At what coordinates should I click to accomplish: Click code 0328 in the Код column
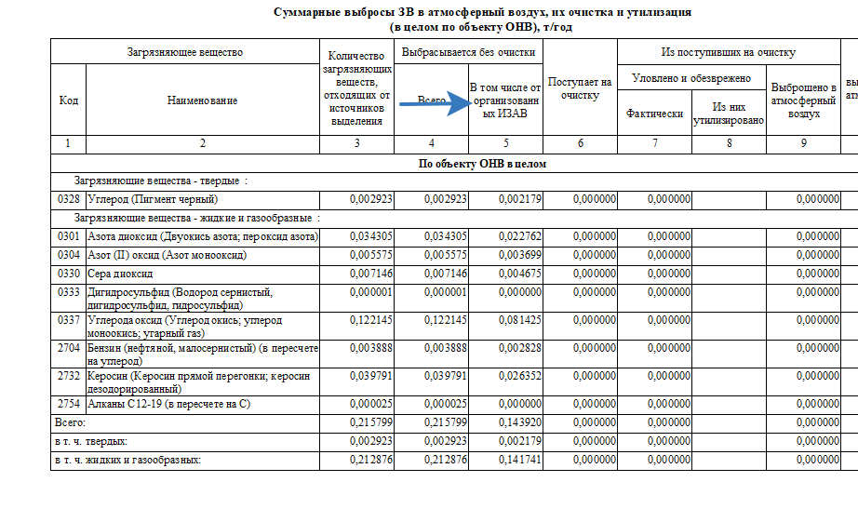(68, 199)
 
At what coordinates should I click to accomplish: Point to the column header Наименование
(202, 100)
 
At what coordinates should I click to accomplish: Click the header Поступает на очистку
(580, 88)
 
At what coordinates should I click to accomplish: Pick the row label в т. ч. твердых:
(91, 441)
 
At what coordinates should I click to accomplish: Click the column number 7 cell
(654, 144)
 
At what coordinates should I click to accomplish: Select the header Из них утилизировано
(729, 114)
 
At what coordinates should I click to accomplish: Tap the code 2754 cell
(68, 405)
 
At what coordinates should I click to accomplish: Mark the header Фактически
(654, 114)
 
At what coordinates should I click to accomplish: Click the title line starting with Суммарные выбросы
(482, 13)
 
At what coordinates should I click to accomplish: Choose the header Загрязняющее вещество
(184, 52)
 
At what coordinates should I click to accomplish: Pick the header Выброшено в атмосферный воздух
(804, 100)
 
